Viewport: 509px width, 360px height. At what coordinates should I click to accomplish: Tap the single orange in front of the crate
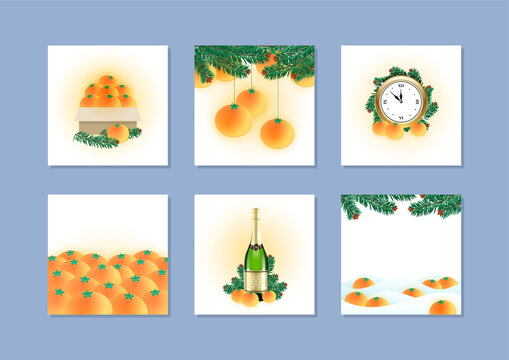[x=118, y=132]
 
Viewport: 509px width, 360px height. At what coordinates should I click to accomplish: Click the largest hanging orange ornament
[x=233, y=119]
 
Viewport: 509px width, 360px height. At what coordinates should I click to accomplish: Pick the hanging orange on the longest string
[x=277, y=132]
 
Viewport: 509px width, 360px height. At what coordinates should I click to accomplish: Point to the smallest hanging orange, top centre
[x=252, y=100]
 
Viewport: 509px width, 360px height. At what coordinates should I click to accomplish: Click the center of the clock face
[x=399, y=98]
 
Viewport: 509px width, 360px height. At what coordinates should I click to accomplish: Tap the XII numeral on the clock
[x=399, y=83]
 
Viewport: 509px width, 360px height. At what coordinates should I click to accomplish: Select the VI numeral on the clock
[x=399, y=114]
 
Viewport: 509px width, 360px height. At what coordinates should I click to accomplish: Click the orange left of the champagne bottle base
[x=238, y=296]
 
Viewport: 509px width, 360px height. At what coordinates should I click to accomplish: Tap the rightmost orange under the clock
[x=418, y=128]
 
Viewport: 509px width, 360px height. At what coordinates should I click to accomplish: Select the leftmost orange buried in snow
[x=355, y=297]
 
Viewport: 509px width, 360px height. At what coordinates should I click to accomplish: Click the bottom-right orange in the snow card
[x=441, y=307]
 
